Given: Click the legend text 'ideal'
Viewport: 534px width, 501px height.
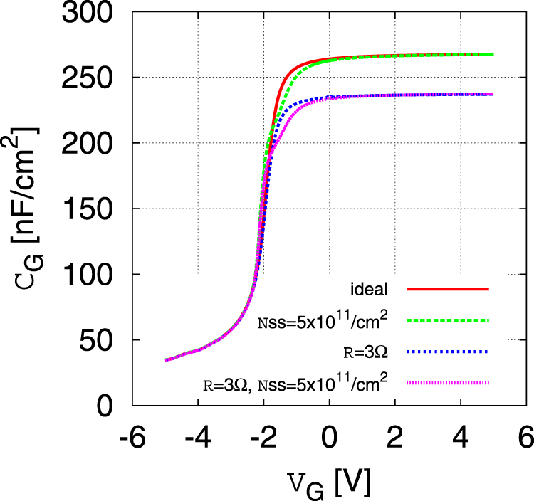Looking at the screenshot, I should pyautogui.click(x=368, y=290).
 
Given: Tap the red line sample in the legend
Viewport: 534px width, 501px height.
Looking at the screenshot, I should pyautogui.click(x=447, y=290).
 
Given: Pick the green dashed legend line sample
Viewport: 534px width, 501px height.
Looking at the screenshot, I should pyautogui.click(x=447, y=320).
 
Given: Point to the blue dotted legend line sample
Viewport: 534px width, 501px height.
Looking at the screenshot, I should pyautogui.click(x=447, y=352).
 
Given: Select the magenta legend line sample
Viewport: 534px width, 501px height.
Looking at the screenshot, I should pyautogui.click(x=447, y=383).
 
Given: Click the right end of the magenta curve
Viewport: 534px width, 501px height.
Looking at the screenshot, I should pyautogui.click(x=492, y=94).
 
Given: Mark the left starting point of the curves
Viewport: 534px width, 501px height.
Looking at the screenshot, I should pyautogui.click(x=166, y=360).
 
